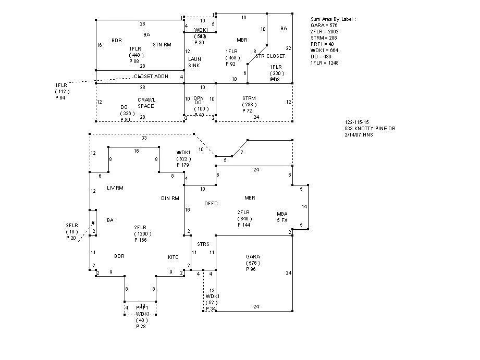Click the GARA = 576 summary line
(324, 25)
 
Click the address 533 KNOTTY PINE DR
(373, 128)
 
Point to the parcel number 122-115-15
(356, 122)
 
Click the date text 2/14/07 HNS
(359, 135)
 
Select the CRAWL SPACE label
(146, 103)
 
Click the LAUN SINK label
(194, 63)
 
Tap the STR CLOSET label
(270, 56)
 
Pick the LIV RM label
(115, 188)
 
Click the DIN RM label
(170, 198)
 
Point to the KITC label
(173, 257)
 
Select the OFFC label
(211, 203)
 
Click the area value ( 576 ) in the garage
(253, 263)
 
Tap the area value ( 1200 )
(143, 234)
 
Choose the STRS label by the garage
(203, 244)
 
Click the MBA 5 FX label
(282, 217)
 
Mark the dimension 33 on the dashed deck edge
(144, 138)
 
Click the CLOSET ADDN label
(151, 77)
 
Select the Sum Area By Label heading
(333, 19)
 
